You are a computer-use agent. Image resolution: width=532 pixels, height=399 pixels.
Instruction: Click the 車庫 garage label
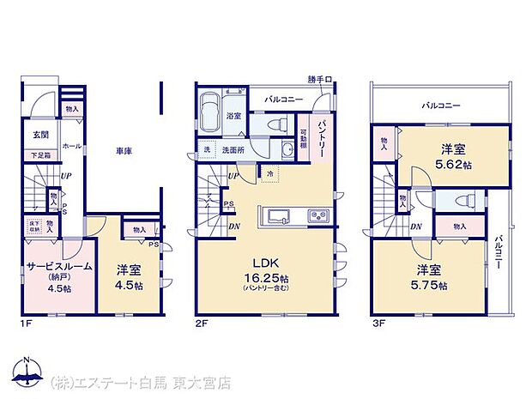[x=124, y=152]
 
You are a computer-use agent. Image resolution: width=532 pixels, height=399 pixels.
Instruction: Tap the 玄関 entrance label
[x=40, y=135]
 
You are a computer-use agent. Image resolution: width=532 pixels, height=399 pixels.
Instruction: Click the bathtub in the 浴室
[x=210, y=112]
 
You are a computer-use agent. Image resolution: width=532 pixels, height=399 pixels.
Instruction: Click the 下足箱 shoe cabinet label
[x=40, y=155]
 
